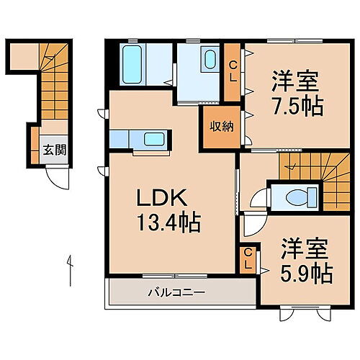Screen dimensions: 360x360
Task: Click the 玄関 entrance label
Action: (x=53, y=150)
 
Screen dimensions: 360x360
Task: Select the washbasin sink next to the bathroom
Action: (x=211, y=58)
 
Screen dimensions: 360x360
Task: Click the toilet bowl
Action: (x=297, y=196)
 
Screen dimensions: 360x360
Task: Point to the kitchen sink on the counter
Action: (x=153, y=139)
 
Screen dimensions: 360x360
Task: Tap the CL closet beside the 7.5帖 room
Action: (x=233, y=72)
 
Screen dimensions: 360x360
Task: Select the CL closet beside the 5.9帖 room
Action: (x=247, y=260)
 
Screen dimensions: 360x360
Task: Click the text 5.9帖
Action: (x=306, y=274)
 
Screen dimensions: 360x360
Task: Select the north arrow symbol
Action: (x=69, y=269)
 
